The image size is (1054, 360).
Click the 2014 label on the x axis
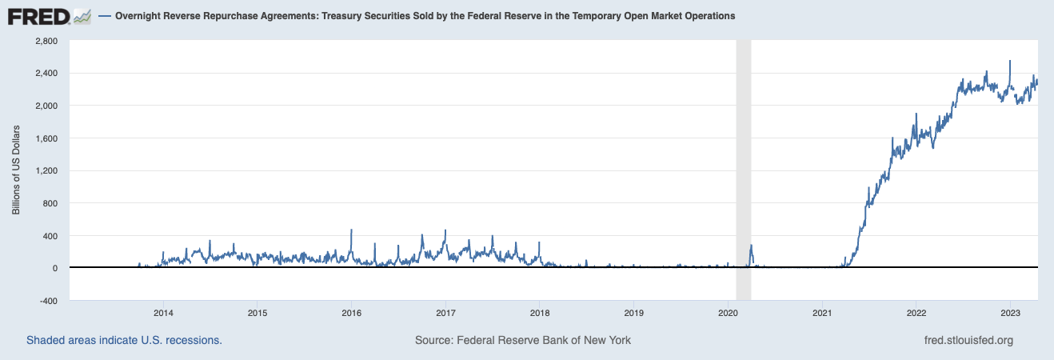[163, 312]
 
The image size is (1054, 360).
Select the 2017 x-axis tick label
[445, 312]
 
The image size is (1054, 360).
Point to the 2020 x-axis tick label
[728, 312]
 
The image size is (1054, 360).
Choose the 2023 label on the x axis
[1010, 312]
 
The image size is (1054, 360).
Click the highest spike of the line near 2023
[1010, 61]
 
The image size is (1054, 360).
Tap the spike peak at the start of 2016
[352, 230]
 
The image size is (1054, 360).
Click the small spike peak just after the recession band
[752, 246]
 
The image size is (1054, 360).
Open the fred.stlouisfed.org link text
[968, 340]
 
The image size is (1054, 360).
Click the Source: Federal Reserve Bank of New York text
[523, 340]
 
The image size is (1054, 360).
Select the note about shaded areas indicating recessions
[124, 340]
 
